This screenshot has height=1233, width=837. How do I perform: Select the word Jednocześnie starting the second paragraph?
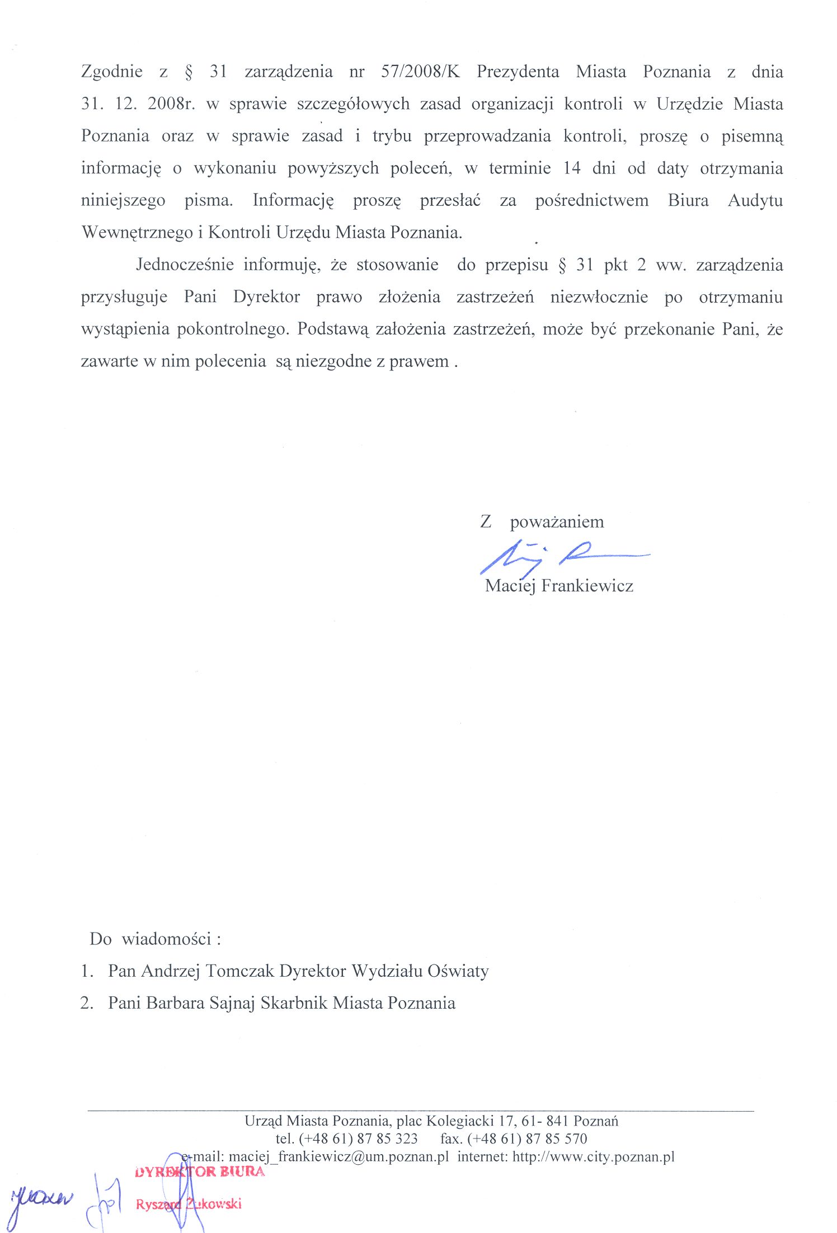[x=185, y=264]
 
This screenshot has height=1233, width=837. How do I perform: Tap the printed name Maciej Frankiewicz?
[x=559, y=586]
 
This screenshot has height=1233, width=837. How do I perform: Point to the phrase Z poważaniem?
[x=542, y=522]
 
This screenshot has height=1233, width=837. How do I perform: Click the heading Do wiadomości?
[x=155, y=939]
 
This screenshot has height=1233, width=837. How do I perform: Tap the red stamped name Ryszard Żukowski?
[x=189, y=1204]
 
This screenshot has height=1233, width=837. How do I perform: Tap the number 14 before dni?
[x=571, y=168]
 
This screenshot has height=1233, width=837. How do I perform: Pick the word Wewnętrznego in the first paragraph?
[x=137, y=232]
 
